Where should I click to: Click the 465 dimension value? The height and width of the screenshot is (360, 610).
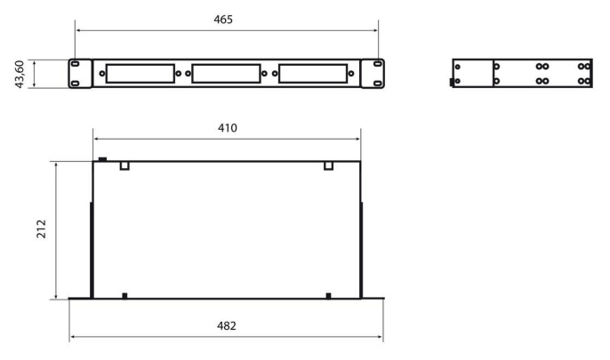click(x=228, y=20)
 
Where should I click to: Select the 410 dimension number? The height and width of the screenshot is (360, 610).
click(x=228, y=128)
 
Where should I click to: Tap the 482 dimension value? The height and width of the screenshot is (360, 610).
click(x=228, y=326)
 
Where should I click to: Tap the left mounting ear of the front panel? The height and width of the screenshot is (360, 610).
click(x=76, y=74)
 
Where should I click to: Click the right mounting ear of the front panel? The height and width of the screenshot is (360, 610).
click(x=378, y=74)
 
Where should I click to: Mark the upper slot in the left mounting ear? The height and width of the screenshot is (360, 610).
click(x=76, y=65)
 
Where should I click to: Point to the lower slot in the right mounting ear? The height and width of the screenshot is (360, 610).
click(x=378, y=83)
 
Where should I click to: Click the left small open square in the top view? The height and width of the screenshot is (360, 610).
click(x=125, y=165)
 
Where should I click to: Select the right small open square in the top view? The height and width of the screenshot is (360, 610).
click(x=328, y=165)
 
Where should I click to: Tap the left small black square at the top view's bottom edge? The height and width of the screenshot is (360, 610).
click(x=125, y=295)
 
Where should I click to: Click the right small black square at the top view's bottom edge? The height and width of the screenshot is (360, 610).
click(x=328, y=295)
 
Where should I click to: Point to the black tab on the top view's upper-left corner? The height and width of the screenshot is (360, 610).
click(x=102, y=160)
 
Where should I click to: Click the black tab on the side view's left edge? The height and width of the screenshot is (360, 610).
click(x=453, y=83)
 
